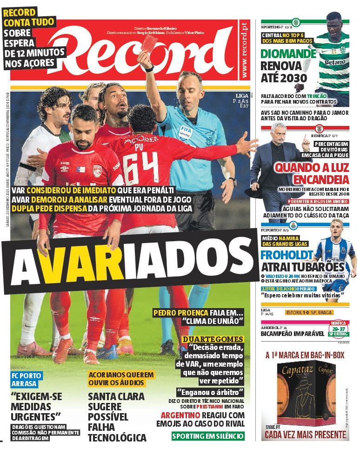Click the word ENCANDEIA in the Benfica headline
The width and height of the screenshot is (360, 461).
tap(318, 179)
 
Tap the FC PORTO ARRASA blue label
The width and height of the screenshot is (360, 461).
tap(27, 379)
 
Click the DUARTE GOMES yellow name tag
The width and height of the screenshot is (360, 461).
tap(213, 339)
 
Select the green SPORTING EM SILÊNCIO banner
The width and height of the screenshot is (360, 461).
tap(207, 436)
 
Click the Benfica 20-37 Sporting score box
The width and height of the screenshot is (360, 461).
tap(338, 328)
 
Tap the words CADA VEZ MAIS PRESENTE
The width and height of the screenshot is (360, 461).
tap(305, 435)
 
